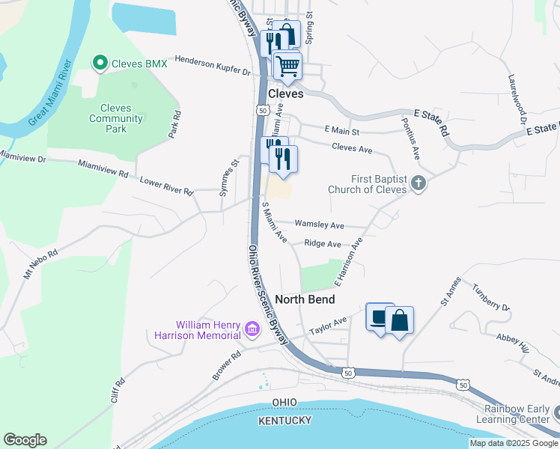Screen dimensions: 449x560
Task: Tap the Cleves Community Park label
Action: point(115,118)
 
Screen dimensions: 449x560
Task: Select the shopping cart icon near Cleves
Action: point(287,66)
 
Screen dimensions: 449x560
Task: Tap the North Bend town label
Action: point(304,299)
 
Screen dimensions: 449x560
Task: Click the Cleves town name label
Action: point(285,94)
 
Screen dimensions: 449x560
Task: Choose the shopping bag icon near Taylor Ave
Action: point(399,320)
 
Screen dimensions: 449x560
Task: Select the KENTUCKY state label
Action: point(284,421)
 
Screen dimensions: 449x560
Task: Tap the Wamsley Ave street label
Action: point(319,224)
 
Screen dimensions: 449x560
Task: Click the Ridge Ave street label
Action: point(323,244)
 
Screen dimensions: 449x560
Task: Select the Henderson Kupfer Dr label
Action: point(212,66)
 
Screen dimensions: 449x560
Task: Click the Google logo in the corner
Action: point(25,440)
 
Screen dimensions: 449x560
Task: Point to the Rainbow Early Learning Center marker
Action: point(556,413)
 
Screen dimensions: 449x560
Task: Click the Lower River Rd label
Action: point(167,185)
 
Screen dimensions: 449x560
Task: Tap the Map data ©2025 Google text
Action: point(513,443)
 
